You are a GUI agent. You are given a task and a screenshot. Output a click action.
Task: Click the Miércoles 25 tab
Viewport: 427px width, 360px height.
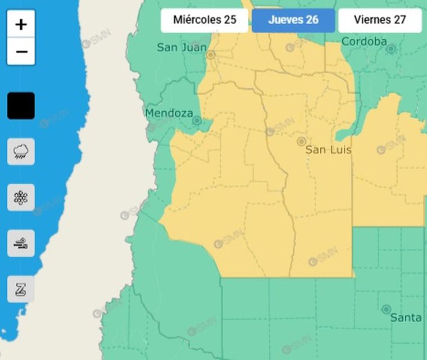(x=205, y=20)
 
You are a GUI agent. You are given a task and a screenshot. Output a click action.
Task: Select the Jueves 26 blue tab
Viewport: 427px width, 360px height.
(x=293, y=20)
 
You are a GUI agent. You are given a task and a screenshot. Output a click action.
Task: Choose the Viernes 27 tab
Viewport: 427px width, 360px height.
(x=380, y=20)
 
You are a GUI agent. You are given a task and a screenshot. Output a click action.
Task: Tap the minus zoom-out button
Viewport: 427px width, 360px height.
(x=21, y=52)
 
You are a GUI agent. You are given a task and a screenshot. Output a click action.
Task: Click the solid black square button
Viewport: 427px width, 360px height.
(x=21, y=106)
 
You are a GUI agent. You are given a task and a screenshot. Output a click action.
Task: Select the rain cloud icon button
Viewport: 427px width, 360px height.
(x=21, y=151)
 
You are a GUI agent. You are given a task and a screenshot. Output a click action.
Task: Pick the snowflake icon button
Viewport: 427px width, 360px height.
(x=21, y=197)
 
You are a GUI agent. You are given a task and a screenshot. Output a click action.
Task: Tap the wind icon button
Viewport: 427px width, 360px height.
(x=21, y=243)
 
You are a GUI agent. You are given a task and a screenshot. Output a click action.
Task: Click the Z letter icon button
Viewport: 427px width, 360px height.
(x=21, y=289)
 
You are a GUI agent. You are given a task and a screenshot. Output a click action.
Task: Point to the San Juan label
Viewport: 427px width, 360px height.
(x=181, y=48)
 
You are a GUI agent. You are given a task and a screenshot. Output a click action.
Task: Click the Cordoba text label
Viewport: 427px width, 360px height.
(x=364, y=42)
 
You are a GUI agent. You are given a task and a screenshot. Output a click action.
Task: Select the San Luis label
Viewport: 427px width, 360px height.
(x=328, y=150)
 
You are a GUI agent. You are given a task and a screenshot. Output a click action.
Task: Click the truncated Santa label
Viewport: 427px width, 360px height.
(x=406, y=318)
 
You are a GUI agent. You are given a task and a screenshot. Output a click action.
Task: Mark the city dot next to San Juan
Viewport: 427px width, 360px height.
(x=211, y=55)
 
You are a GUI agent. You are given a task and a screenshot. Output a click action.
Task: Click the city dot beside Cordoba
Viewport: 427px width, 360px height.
(x=390, y=49)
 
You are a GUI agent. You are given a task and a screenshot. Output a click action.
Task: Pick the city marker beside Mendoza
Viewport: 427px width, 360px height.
(x=197, y=121)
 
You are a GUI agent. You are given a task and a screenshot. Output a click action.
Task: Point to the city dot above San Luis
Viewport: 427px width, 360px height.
(x=301, y=142)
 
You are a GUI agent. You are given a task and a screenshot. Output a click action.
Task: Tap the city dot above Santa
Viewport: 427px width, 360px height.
(x=386, y=309)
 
